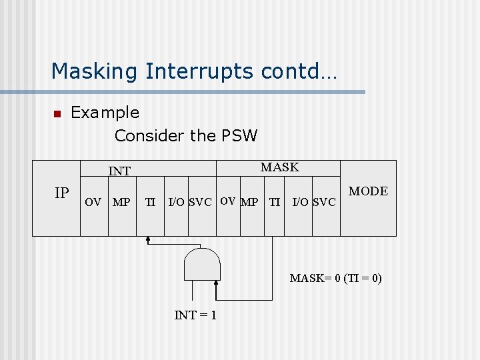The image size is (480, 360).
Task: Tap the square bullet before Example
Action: click(x=57, y=114)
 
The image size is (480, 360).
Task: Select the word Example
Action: click(x=105, y=113)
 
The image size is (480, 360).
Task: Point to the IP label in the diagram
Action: click(x=61, y=193)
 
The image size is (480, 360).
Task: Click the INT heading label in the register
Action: click(x=119, y=171)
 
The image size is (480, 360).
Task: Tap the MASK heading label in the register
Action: click(x=279, y=167)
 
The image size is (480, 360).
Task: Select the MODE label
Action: click(x=368, y=191)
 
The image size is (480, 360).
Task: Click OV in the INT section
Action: click(x=93, y=201)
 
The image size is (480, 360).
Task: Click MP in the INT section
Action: click(x=121, y=201)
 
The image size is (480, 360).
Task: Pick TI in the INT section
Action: click(x=151, y=201)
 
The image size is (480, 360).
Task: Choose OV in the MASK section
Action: click(x=227, y=201)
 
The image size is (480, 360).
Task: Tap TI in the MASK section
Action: click(x=274, y=201)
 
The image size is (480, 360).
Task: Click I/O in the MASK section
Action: click(x=299, y=201)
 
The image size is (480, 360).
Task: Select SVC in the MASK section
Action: click(x=324, y=201)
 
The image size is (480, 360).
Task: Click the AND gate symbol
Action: click(x=201, y=265)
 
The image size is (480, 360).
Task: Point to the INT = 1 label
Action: click(x=195, y=315)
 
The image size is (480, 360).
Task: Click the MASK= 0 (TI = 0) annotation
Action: click(x=335, y=278)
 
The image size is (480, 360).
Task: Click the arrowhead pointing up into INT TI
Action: click(x=148, y=239)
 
